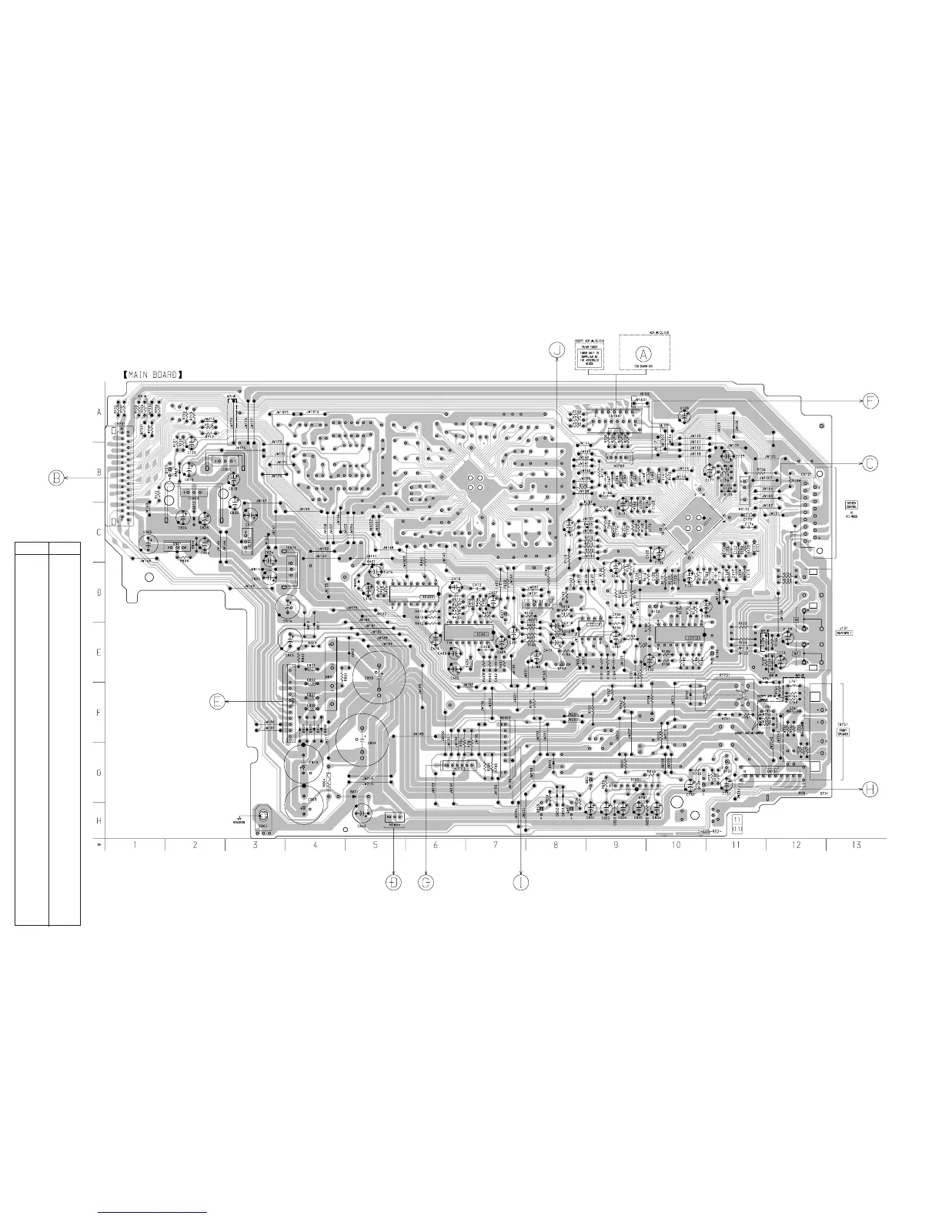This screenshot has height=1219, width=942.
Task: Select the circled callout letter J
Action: click(x=557, y=350)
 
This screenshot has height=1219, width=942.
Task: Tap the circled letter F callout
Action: click(x=870, y=401)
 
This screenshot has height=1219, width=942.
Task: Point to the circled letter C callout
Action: click(x=870, y=463)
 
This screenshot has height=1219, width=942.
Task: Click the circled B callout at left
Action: click(x=57, y=478)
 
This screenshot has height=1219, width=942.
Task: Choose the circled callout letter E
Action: click(x=219, y=701)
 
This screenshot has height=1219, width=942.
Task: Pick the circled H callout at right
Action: click(x=870, y=789)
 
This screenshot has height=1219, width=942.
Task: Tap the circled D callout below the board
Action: click(x=394, y=882)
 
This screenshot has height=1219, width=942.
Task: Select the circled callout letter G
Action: click(x=426, y=882)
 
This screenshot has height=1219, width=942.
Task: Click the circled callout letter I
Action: click(x=522, y=882)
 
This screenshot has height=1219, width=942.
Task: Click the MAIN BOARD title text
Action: click(x=152, y=375)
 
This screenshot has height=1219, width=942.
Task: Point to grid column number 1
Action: click(x=135, y=845)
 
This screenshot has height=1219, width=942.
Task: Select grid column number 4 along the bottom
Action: click(x=315, y=845)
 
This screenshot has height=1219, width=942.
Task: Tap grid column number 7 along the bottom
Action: click(x=495, y=845)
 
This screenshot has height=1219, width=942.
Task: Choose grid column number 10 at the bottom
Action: click(x=676, y=845)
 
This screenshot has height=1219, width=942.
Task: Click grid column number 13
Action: click(x=856, y=845)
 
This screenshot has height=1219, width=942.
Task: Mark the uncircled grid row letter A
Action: click(x=99, y=412)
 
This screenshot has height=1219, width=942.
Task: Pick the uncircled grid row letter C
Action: click(x=99, y=533)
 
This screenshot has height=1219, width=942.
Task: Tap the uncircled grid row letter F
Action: click(x=99, y=713)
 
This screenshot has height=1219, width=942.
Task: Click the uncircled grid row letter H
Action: click(x=99, y=821)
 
